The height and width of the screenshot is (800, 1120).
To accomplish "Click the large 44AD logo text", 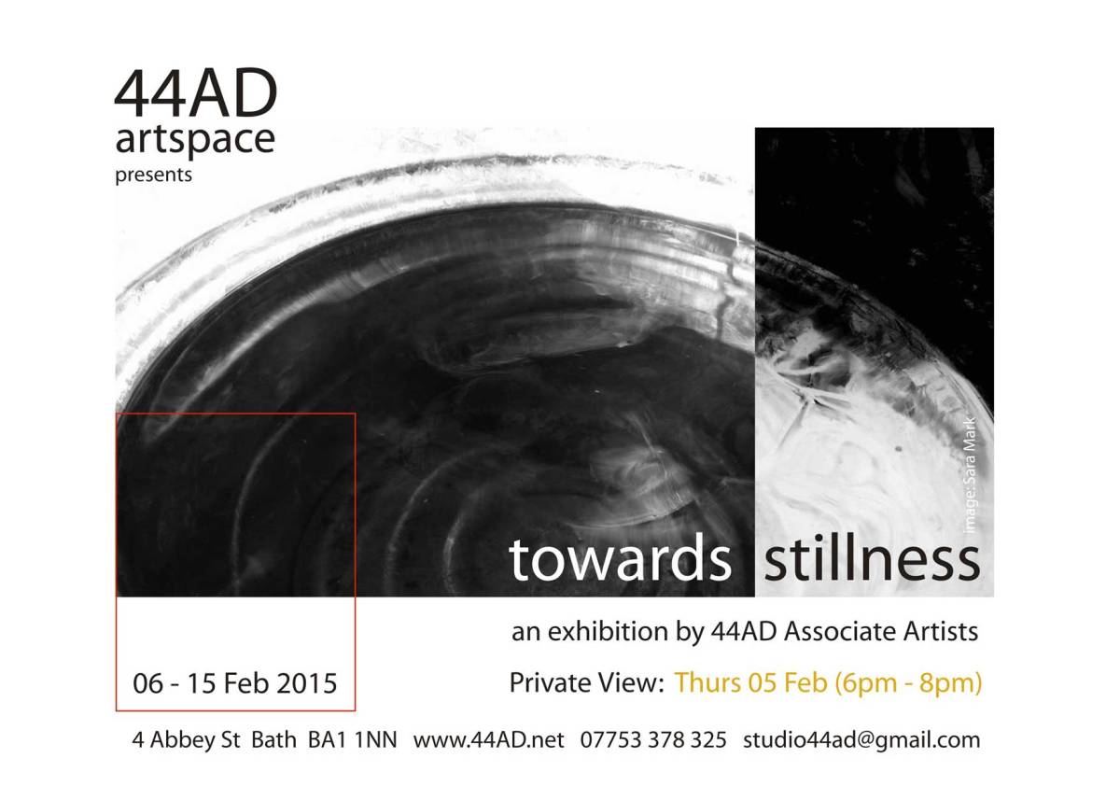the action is point(196,93).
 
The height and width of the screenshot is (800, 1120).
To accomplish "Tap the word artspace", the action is point(195,140).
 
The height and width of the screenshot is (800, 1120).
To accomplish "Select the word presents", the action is point(153,175).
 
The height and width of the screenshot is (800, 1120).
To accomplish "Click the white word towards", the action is point(620,560).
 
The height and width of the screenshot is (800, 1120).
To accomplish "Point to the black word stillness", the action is point(872,559).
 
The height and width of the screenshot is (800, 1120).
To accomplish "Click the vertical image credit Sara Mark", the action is point(970,475).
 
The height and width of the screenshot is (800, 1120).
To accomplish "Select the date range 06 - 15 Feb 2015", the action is point(235,683).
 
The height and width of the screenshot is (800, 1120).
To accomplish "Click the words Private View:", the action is point(586,683).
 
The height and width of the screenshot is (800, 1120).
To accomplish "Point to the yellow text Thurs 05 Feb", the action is point(750,683).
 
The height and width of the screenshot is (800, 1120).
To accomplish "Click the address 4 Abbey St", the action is point(186,740).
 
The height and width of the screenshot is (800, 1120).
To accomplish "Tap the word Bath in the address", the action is point(273,740).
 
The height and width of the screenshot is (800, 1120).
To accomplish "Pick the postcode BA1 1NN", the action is point(353,740).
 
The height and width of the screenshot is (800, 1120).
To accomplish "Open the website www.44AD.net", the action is point(488,740).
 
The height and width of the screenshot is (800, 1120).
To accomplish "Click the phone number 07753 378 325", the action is point(653,740).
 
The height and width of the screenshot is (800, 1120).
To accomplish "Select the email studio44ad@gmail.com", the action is point(861,741).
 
